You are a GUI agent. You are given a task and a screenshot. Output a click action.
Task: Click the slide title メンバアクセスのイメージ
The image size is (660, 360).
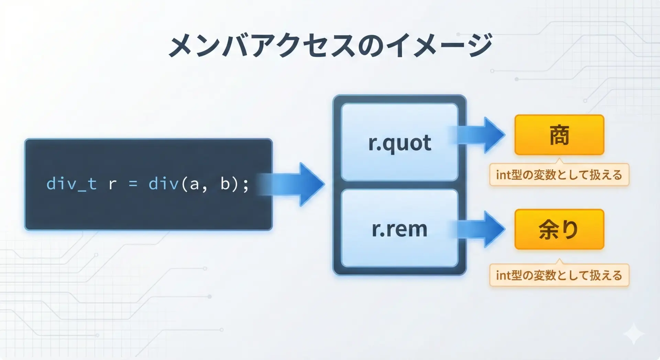tap(330, 45)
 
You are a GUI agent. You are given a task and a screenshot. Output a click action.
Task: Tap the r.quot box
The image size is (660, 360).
tap(399, 142)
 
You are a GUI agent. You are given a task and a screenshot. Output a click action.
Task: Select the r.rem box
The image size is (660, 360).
tap(399, 228)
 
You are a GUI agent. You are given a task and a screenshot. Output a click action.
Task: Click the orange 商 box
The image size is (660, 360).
tap(559, 135)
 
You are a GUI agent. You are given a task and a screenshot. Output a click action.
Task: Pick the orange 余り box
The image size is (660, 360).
tap(559, 229)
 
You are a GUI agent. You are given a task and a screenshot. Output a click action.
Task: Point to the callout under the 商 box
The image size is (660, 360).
tap(559, 174)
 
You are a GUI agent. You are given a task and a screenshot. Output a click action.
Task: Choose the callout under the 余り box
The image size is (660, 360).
tap(559, 275)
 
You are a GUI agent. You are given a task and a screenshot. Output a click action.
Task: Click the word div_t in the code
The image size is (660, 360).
tap(71, 184)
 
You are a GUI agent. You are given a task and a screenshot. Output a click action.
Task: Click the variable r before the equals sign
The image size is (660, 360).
tap(112, 185)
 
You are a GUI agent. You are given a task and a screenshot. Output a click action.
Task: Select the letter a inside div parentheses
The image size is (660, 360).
tap(194, 185)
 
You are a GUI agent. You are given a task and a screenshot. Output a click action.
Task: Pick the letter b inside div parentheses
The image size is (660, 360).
tap(225, 184)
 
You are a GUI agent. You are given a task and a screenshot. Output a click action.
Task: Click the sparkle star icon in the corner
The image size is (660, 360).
tap(634, 334)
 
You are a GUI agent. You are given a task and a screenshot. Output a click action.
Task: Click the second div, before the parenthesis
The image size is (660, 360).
tap(164, 184)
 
